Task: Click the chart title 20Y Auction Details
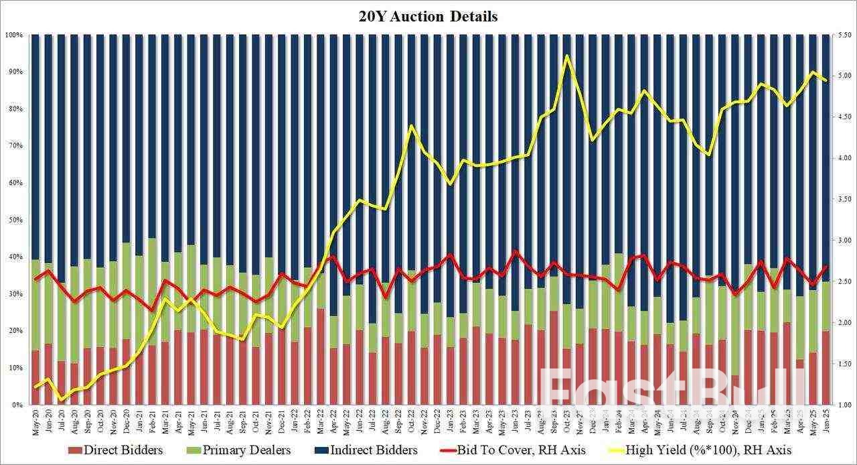point(428,17)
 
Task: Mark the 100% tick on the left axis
point(15,34)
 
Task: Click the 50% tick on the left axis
point(16,220)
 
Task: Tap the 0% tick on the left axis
point(18,405)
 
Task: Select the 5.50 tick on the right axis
point(840,34)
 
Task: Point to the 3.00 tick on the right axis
point(840,241)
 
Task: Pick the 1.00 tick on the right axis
point(840,405)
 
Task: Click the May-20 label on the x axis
point(35,422)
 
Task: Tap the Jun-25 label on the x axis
point(825,422)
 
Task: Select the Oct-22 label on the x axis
point(411,422)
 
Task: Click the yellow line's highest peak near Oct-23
point(567,56)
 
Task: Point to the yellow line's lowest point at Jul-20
point(62,400)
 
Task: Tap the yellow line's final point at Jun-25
point(826,80)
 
